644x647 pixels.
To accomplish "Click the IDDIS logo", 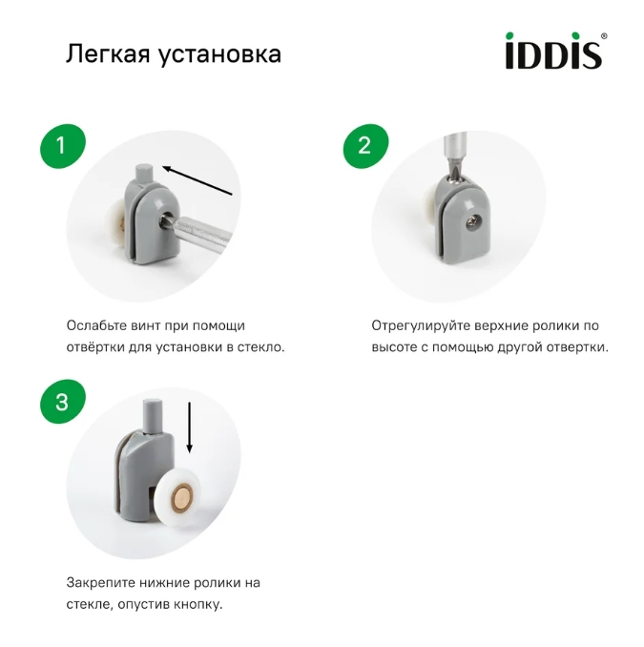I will click(x=552, y=52).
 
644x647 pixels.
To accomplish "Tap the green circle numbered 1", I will click(x=62, y=146).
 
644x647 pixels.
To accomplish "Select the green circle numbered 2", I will click(x=364, y=146).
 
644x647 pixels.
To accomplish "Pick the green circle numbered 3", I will click(x=62, y=403).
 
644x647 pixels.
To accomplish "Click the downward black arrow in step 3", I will click(x=190, y=427).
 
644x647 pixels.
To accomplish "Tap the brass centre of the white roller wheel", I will click(x=182, y=495).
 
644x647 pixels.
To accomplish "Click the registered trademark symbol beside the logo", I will click(x=603, y=37).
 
